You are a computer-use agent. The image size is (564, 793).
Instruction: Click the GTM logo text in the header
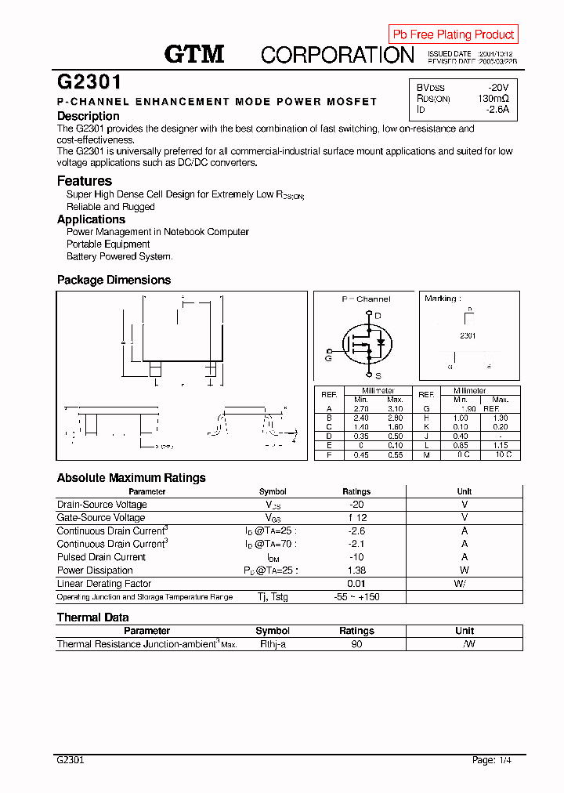point(193,54)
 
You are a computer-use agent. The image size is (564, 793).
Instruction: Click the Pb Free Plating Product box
point(454,34)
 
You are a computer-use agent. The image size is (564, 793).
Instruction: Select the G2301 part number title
point(89,82)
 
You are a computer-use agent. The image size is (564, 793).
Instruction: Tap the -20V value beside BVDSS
point(498,87)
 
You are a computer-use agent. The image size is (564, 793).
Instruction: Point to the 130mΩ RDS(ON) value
point(493,99)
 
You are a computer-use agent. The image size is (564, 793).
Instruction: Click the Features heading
point(85,181)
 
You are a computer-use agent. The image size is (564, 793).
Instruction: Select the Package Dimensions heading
point(114,280)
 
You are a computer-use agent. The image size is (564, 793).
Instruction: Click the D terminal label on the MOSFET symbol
point(378,316)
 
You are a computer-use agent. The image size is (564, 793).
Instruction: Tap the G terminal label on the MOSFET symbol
point(328,357)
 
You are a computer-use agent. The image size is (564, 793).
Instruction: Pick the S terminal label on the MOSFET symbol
point(378,376)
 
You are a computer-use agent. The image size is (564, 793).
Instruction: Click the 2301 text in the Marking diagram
point(468,335)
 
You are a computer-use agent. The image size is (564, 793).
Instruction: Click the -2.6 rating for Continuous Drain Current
point(356,530)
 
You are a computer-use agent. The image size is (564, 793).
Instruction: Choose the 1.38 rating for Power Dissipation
point(356,570)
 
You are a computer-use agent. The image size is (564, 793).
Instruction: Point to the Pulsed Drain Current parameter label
point(101,557)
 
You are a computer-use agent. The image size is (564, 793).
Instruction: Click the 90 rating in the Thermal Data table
point(356,644)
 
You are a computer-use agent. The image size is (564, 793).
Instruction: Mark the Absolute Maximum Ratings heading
point(131,477)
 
